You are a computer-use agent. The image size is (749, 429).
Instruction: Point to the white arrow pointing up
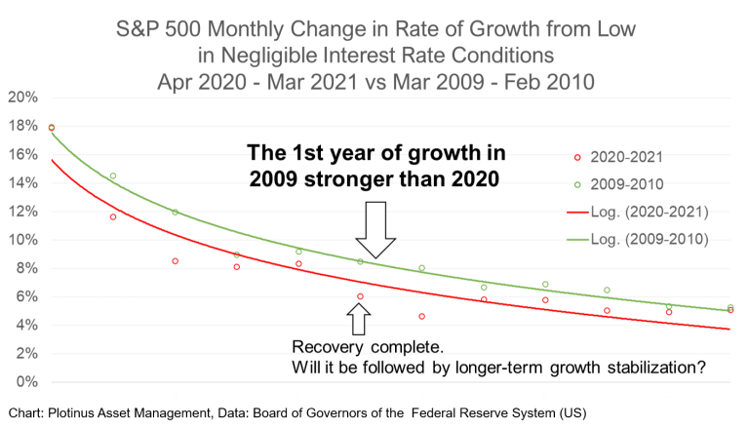359,319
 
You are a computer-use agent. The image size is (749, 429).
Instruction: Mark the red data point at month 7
421,316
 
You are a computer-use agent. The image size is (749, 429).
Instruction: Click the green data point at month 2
113,176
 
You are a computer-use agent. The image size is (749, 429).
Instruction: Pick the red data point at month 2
113,216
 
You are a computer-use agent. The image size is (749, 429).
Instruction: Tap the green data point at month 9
545,284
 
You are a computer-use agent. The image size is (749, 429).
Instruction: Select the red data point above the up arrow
360,295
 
